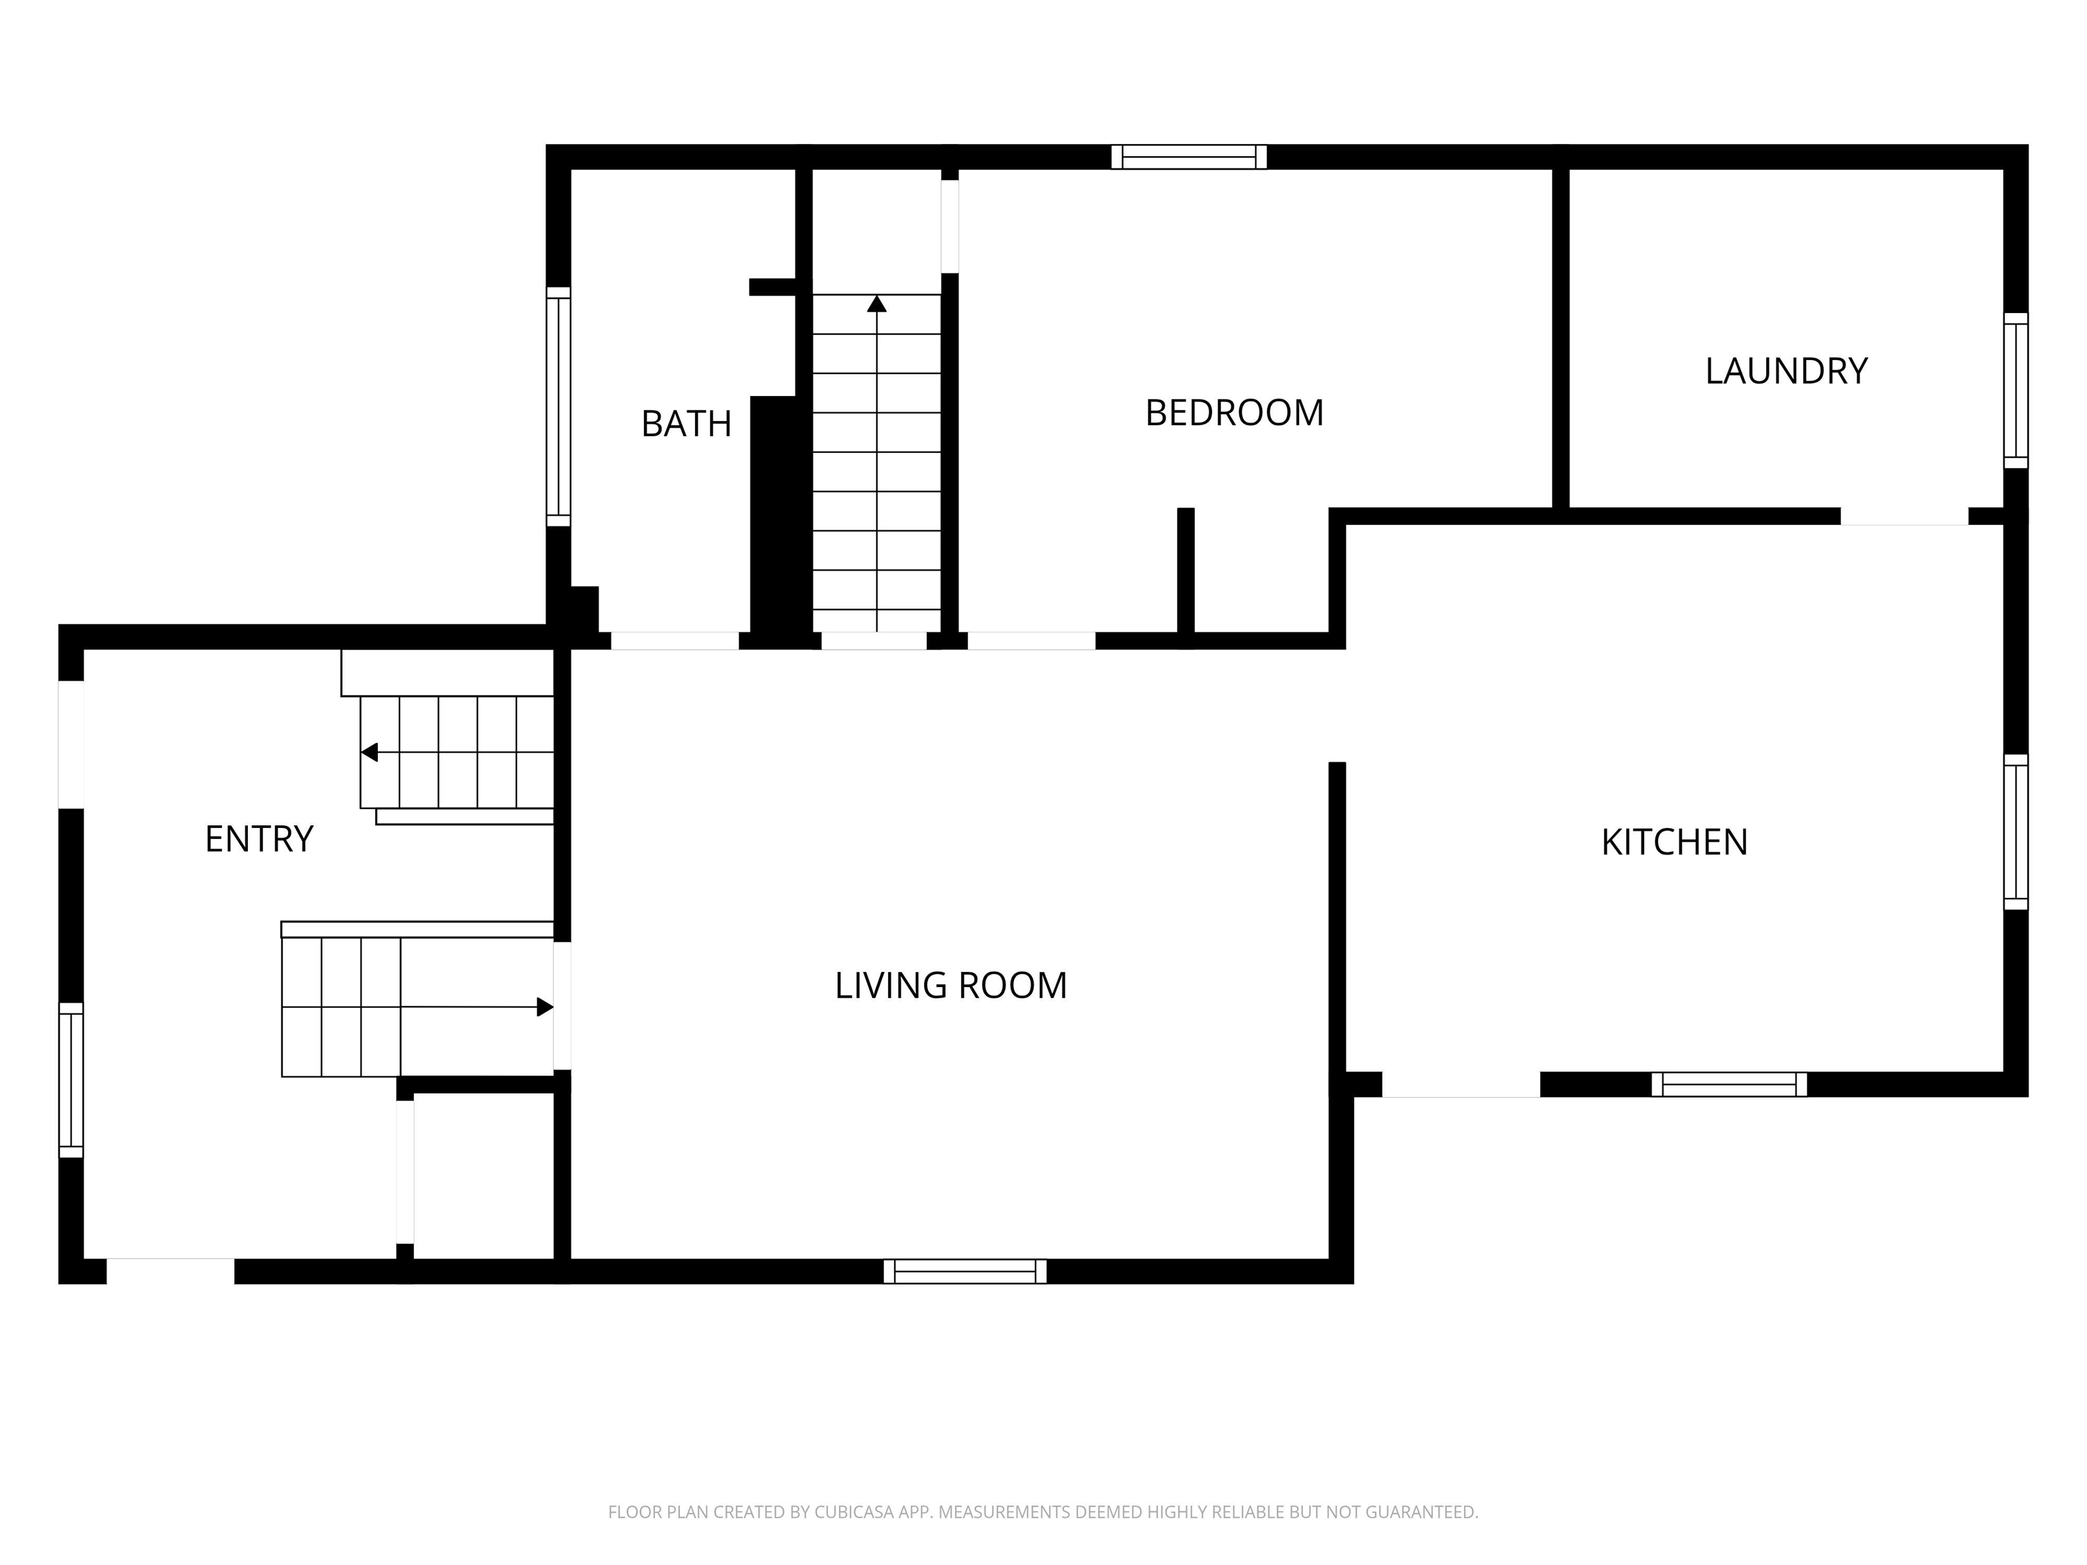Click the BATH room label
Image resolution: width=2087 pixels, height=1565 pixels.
[x=686, y=424]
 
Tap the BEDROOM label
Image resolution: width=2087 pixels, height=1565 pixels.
[x=1234, y=412]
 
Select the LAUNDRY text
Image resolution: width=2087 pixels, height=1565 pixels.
[x=1786, y=371]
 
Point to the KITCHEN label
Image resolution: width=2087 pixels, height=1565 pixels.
[x=1675, y=842]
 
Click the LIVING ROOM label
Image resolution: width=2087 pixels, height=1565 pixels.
[x=951, y=985]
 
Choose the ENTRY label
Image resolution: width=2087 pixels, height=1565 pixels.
[x=260, y=839]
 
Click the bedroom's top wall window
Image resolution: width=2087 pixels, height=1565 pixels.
[x=1189, y=157]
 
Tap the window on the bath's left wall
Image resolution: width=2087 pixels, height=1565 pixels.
[x=558, y=407]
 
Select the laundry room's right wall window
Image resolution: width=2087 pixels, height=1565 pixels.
[x=2015, y=390]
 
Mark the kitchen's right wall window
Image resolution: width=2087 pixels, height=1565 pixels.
[x=2015, y=832]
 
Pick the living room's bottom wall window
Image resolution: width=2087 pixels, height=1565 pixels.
[x=965, y=1271]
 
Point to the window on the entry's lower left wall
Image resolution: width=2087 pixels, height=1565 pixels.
[x=71, y=1079]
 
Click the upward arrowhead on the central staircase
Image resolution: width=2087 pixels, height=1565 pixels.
[x=876, y=303]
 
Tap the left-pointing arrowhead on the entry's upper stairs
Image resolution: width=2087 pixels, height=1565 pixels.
[x=369, y=752]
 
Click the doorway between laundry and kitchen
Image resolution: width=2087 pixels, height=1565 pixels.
[x=1904, y=516]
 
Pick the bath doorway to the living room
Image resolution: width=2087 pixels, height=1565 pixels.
[x=675, y=641]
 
